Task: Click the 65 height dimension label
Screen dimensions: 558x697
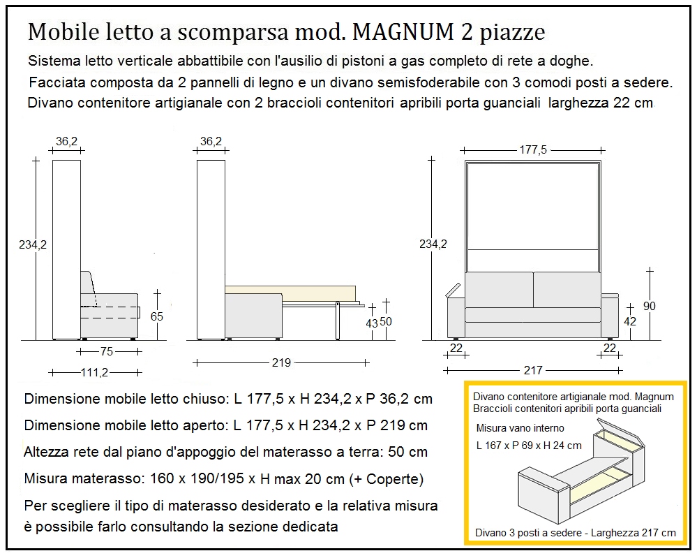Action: (x=156, y=316)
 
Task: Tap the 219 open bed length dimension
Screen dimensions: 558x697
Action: (x=281, y=362)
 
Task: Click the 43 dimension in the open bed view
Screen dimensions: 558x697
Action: (x=372, y=323)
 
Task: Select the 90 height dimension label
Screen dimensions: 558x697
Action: (x=649, y=306)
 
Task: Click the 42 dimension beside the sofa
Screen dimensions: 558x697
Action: (x=630, y=322)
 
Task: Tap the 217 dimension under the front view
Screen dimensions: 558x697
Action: (x=532, y=370)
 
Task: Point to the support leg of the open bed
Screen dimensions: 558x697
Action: (x=337, y=320)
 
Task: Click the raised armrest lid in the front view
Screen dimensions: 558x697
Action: (x=452, y=288)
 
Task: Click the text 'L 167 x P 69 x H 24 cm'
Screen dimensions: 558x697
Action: (x=528, y=446)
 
